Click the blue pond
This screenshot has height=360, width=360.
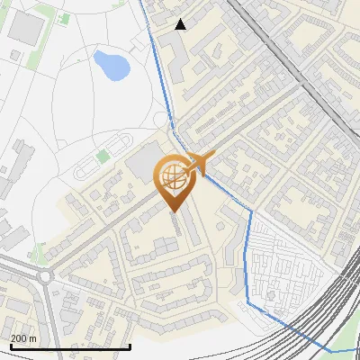pyautogui.click(x=109, y=64)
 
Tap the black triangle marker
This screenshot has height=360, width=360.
pyautogui.click(x=181, y=24)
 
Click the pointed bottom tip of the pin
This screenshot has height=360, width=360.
pyautogui.click(x=174, y=211)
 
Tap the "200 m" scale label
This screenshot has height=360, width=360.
pyautogui.click(x=24, y=337)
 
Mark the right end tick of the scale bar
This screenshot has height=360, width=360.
pyautogui.click(x=130, y=346)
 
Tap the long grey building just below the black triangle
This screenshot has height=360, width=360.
pyautogui.click(x=177, y=56)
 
